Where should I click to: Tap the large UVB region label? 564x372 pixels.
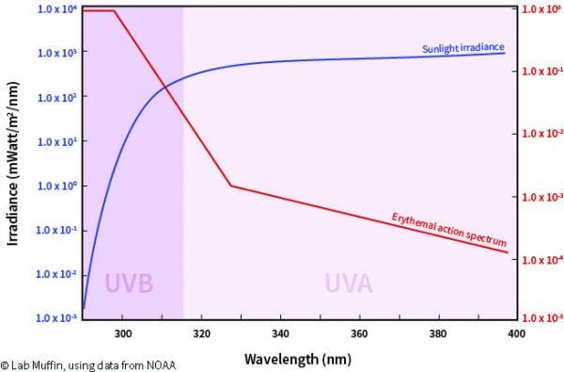(129, 283)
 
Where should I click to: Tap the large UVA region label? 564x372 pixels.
(348, 283)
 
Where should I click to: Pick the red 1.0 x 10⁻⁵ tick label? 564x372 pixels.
(540, 319)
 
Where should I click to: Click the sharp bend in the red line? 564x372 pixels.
(231, 186)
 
